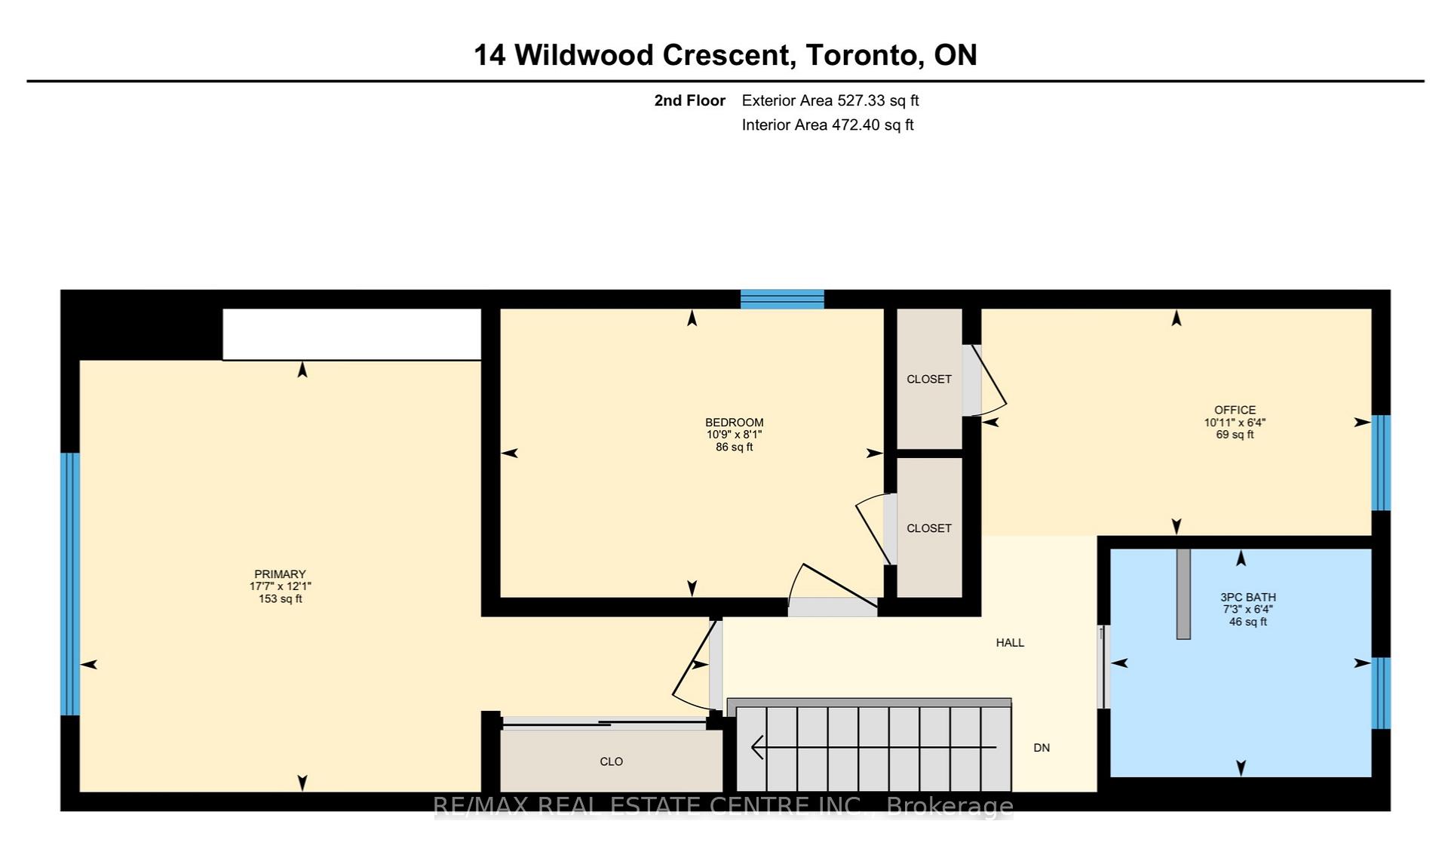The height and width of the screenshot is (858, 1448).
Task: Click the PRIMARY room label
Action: pos(280,574)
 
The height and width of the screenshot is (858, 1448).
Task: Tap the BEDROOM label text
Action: pos(734,423)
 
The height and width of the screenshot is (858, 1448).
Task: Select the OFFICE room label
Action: pos(1235,411)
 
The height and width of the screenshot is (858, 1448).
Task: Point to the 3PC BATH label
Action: pos(1248,597)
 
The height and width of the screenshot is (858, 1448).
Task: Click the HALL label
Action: pos(1010,643)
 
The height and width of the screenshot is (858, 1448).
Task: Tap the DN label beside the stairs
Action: pos(1042,748)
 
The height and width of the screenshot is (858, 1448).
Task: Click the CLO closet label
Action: pos(611,761)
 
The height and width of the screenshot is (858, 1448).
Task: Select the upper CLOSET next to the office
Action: pos(929,379)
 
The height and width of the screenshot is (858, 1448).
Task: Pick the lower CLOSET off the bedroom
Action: pos(929,528)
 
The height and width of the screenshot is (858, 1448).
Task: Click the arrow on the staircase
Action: pos(874,747)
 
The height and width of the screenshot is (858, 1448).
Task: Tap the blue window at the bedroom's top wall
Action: pos(782,300)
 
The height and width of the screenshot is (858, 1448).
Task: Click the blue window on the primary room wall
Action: pos(70,584)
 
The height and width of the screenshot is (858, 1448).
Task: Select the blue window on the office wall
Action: pos(1381,463)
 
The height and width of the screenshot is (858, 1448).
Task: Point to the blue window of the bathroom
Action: pos(1381,693)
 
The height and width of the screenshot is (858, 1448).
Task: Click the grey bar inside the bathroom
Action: pos(1183,594)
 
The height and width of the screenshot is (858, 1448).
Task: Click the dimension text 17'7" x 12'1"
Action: pos(280,586)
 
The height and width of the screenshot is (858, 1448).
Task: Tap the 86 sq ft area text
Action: pos(734,447)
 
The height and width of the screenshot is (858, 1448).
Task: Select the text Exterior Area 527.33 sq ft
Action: pos(830,100)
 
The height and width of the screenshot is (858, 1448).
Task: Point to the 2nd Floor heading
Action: pos(690,100)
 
